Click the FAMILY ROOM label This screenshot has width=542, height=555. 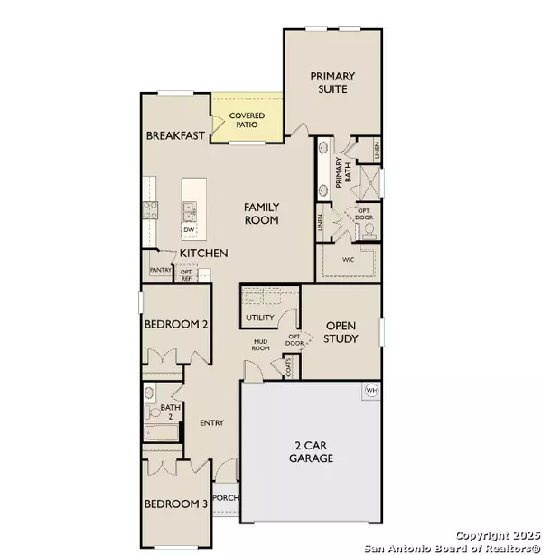click(261, 214)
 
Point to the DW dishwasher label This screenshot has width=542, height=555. click(189, 230)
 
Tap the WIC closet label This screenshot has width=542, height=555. click(348, 259)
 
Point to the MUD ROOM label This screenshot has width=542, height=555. click(261, 344)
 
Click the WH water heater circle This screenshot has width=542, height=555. click(370, 390)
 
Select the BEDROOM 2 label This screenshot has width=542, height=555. click(177, 326)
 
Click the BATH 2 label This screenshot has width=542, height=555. click(171, 412)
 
